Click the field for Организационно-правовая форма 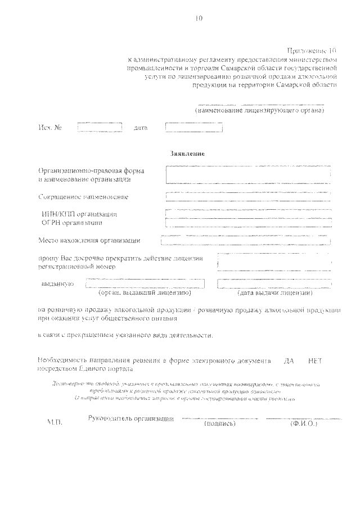(248, 174)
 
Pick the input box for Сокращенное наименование (248, 196)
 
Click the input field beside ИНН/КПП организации (248, 214)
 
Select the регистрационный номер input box (274, 262)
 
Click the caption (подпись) (219, 424)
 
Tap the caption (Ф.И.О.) (303, 424)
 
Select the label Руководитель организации (131, 418)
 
